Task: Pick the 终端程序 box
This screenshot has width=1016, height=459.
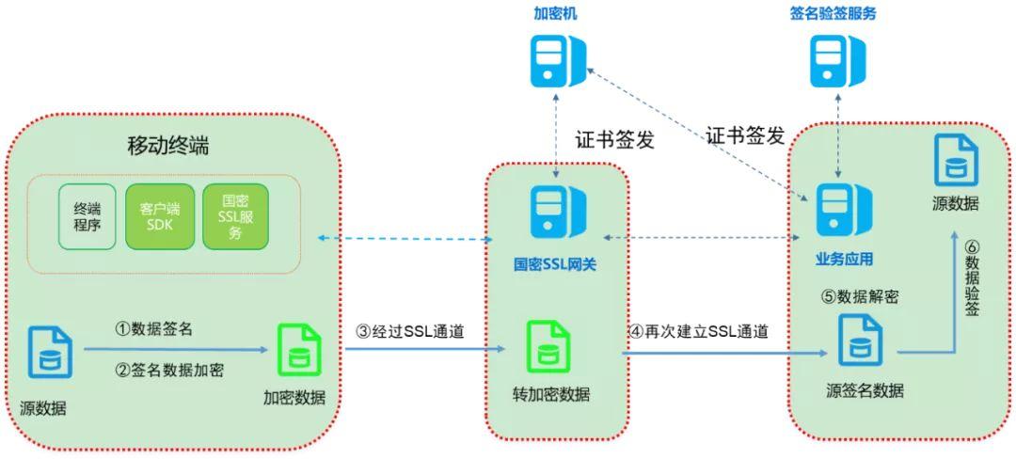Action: click(x=87, y=216)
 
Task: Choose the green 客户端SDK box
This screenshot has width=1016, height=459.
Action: click(x=159, y=216)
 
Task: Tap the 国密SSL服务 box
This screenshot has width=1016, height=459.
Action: click(x=235, y=216)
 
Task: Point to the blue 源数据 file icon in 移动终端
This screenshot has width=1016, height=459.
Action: click(x=50, y=353)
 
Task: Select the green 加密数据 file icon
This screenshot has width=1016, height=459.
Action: click(x=300, y=351)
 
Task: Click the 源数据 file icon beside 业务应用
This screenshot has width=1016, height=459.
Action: click(x=955, y=161)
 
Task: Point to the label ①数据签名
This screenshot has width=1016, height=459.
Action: click(x=155, y=328)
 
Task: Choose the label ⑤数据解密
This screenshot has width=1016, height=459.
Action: click(x=860, y=296)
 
